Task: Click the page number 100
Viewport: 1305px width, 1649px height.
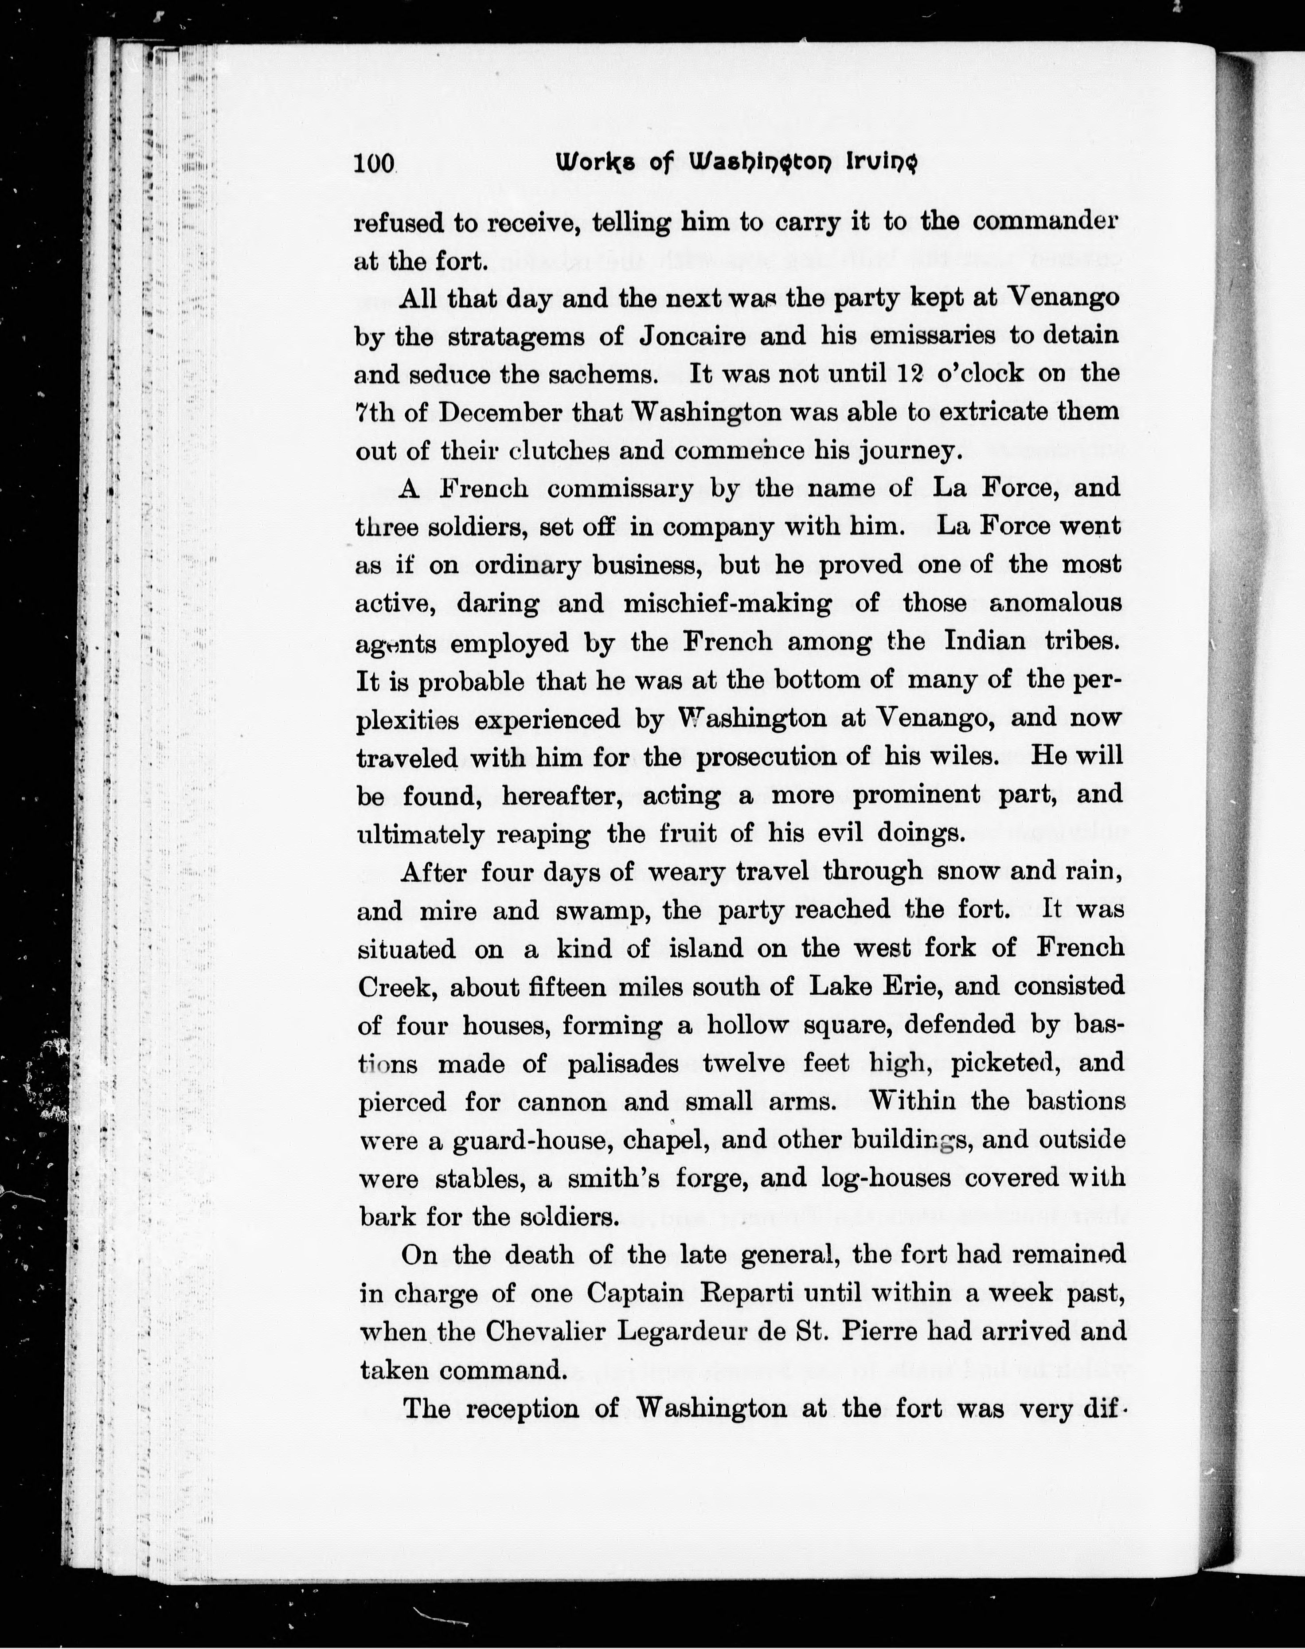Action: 374,164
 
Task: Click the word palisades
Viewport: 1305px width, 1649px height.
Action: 623,1064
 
